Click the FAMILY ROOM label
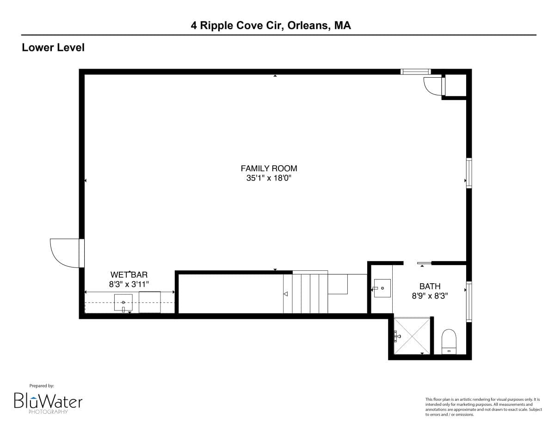click(x=269, y=168)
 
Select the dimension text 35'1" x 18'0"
click(x=269, y=178)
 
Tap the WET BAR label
click(x=129, y=275)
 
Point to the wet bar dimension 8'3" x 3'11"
click(x=129, y=284)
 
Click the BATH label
click(x=430, y=286)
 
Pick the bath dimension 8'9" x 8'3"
click(x=430, y=295)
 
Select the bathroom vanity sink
click(x=382, y=288)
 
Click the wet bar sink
click(x=123, y=303)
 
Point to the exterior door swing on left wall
click(x=66, y=253)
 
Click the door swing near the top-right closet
click(x=433, y=86)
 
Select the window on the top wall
click(x=415, y=72)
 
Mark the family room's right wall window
click(x=469, y=173)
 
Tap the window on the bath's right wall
click(x=469, y=301)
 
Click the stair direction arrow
click(x=285, y=294)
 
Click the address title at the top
click(x=271, y=25)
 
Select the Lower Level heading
click(x=53, y=47)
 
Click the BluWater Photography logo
click(x=48, y=401)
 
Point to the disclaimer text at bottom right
click(x=483, y=407)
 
